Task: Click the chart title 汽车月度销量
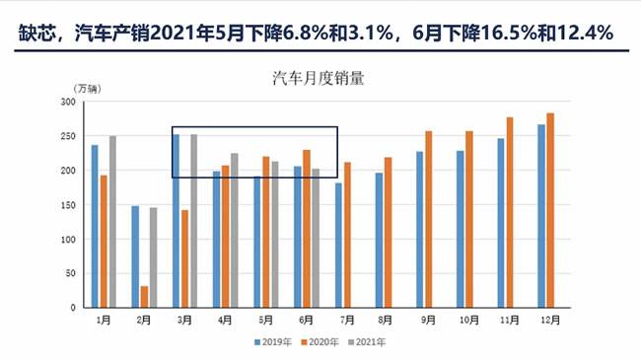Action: pyautogui.click(x=320, y=79)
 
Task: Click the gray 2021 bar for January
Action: pyautogui.click(x=113, y=222)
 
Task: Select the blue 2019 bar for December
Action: pyautogui.click(x=541, y=216)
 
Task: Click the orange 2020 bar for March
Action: pyautogui.click(x=184, y=258)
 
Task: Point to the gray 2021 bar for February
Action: pyautogui.click(x=153, y=257)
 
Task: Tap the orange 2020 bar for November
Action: pyautogui.click(x=510, y=212)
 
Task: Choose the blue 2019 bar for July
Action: pyautogui.click(x=338, y=245)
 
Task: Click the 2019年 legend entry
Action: pyautogui.click(x=267, y=342)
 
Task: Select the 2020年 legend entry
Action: pyautogui.click(x=321, y=342)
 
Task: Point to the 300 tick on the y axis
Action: pyautogui.click(x=66, y=103)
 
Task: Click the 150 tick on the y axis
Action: pyautogui.click(x=66, y=205)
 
